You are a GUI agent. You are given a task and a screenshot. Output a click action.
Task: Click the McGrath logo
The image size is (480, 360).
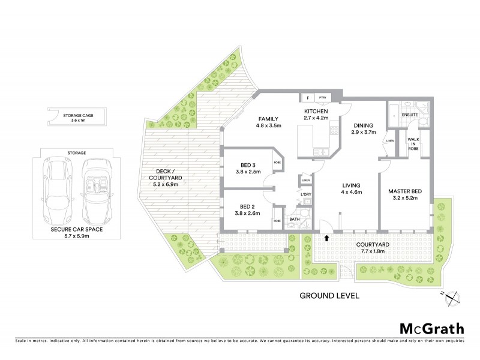tap(431, 328)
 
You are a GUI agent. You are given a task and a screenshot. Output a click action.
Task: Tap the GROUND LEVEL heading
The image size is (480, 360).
tap(329, 296)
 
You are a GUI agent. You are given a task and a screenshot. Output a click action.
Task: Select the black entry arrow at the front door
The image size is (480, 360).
tap(326, 238)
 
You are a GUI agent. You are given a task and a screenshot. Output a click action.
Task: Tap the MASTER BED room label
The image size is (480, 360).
tap(406, 191)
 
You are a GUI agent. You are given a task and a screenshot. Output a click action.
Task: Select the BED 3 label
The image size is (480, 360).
tap(245, 166)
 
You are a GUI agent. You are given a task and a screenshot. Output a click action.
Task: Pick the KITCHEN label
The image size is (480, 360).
tap(316, 112)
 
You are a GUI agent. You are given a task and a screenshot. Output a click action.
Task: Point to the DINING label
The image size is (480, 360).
tap(364, 125)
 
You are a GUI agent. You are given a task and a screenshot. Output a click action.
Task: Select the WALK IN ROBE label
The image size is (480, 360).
tap(413, 143)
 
